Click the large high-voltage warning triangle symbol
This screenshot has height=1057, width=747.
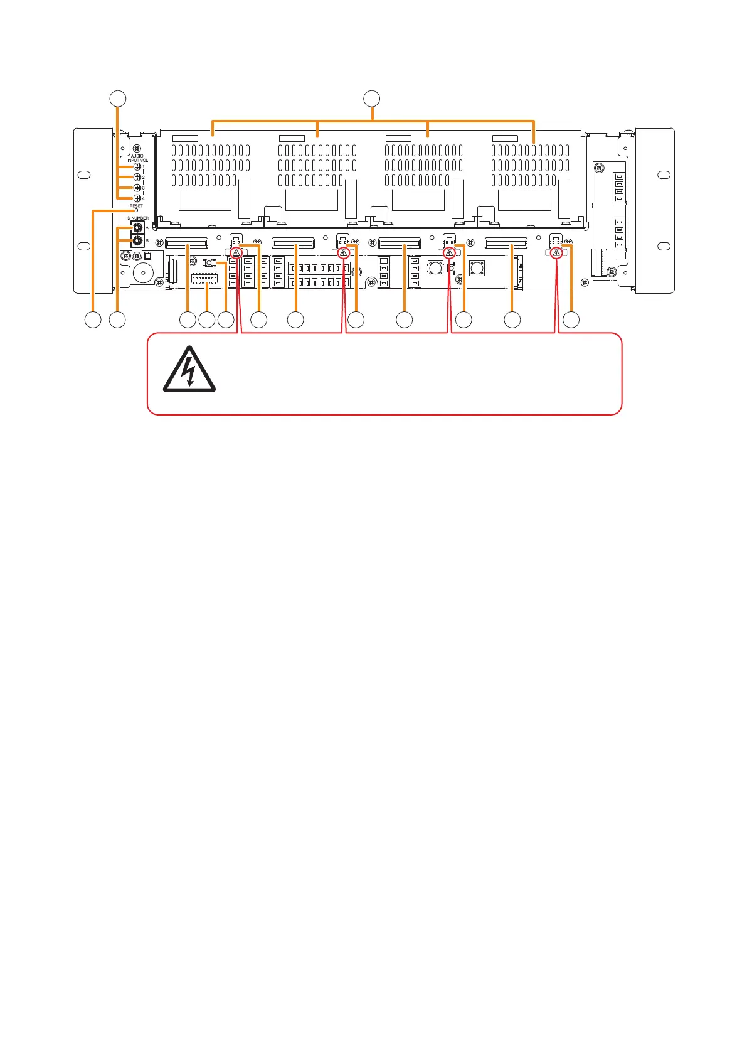[189, 373]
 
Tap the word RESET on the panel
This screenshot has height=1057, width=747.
[136, 206]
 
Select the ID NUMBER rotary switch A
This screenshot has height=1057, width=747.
[137, 228]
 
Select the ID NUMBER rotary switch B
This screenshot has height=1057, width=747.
[137, 240]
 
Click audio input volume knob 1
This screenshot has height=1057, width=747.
[137, 167]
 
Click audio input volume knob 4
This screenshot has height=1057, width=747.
[137, 198]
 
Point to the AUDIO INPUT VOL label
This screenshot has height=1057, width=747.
[137, 158]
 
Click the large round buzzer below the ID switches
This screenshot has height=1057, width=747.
[143, 274]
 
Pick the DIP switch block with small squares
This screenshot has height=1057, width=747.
[204, 277]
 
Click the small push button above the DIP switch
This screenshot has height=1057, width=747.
[209, 262]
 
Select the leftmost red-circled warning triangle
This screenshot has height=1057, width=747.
[235, 254]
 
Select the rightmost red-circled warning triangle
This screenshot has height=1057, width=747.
[556, 253]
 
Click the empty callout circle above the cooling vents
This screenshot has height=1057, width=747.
[372, 98]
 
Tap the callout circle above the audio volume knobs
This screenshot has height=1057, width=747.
[117, 98]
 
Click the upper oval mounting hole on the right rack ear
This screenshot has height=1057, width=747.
[662, 175]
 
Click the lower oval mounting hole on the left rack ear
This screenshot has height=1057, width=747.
[85, 245]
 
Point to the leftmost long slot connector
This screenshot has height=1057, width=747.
[186, 243]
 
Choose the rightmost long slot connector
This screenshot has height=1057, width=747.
[506, 243]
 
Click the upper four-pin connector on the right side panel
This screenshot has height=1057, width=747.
[619, 187]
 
